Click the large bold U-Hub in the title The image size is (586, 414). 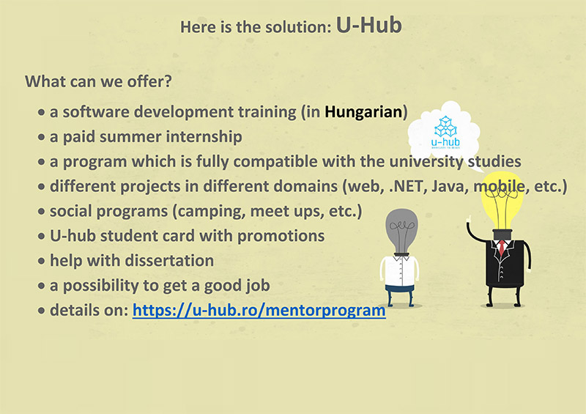(x=369, y=26)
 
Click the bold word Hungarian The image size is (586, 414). (x=363, y=112)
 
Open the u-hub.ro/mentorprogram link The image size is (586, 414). (x=259, y=311)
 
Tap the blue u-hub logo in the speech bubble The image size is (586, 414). (x=445, y=133)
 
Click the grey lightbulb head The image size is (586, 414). (x=401, y=231)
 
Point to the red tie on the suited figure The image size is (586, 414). (x=502, y=248)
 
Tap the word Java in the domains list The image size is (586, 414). (x=450, y=186)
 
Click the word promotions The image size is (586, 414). (x=281, y=237)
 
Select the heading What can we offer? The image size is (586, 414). (x=98, y=81)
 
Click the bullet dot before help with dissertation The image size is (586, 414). (x=42, y=261)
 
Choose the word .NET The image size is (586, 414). (x=408, y=186)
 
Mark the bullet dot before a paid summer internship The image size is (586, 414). (x=42, y=137)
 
